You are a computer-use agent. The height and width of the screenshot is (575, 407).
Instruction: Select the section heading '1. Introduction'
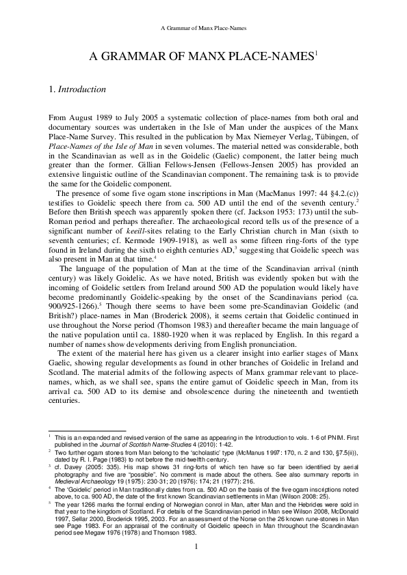click(77, 89)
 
